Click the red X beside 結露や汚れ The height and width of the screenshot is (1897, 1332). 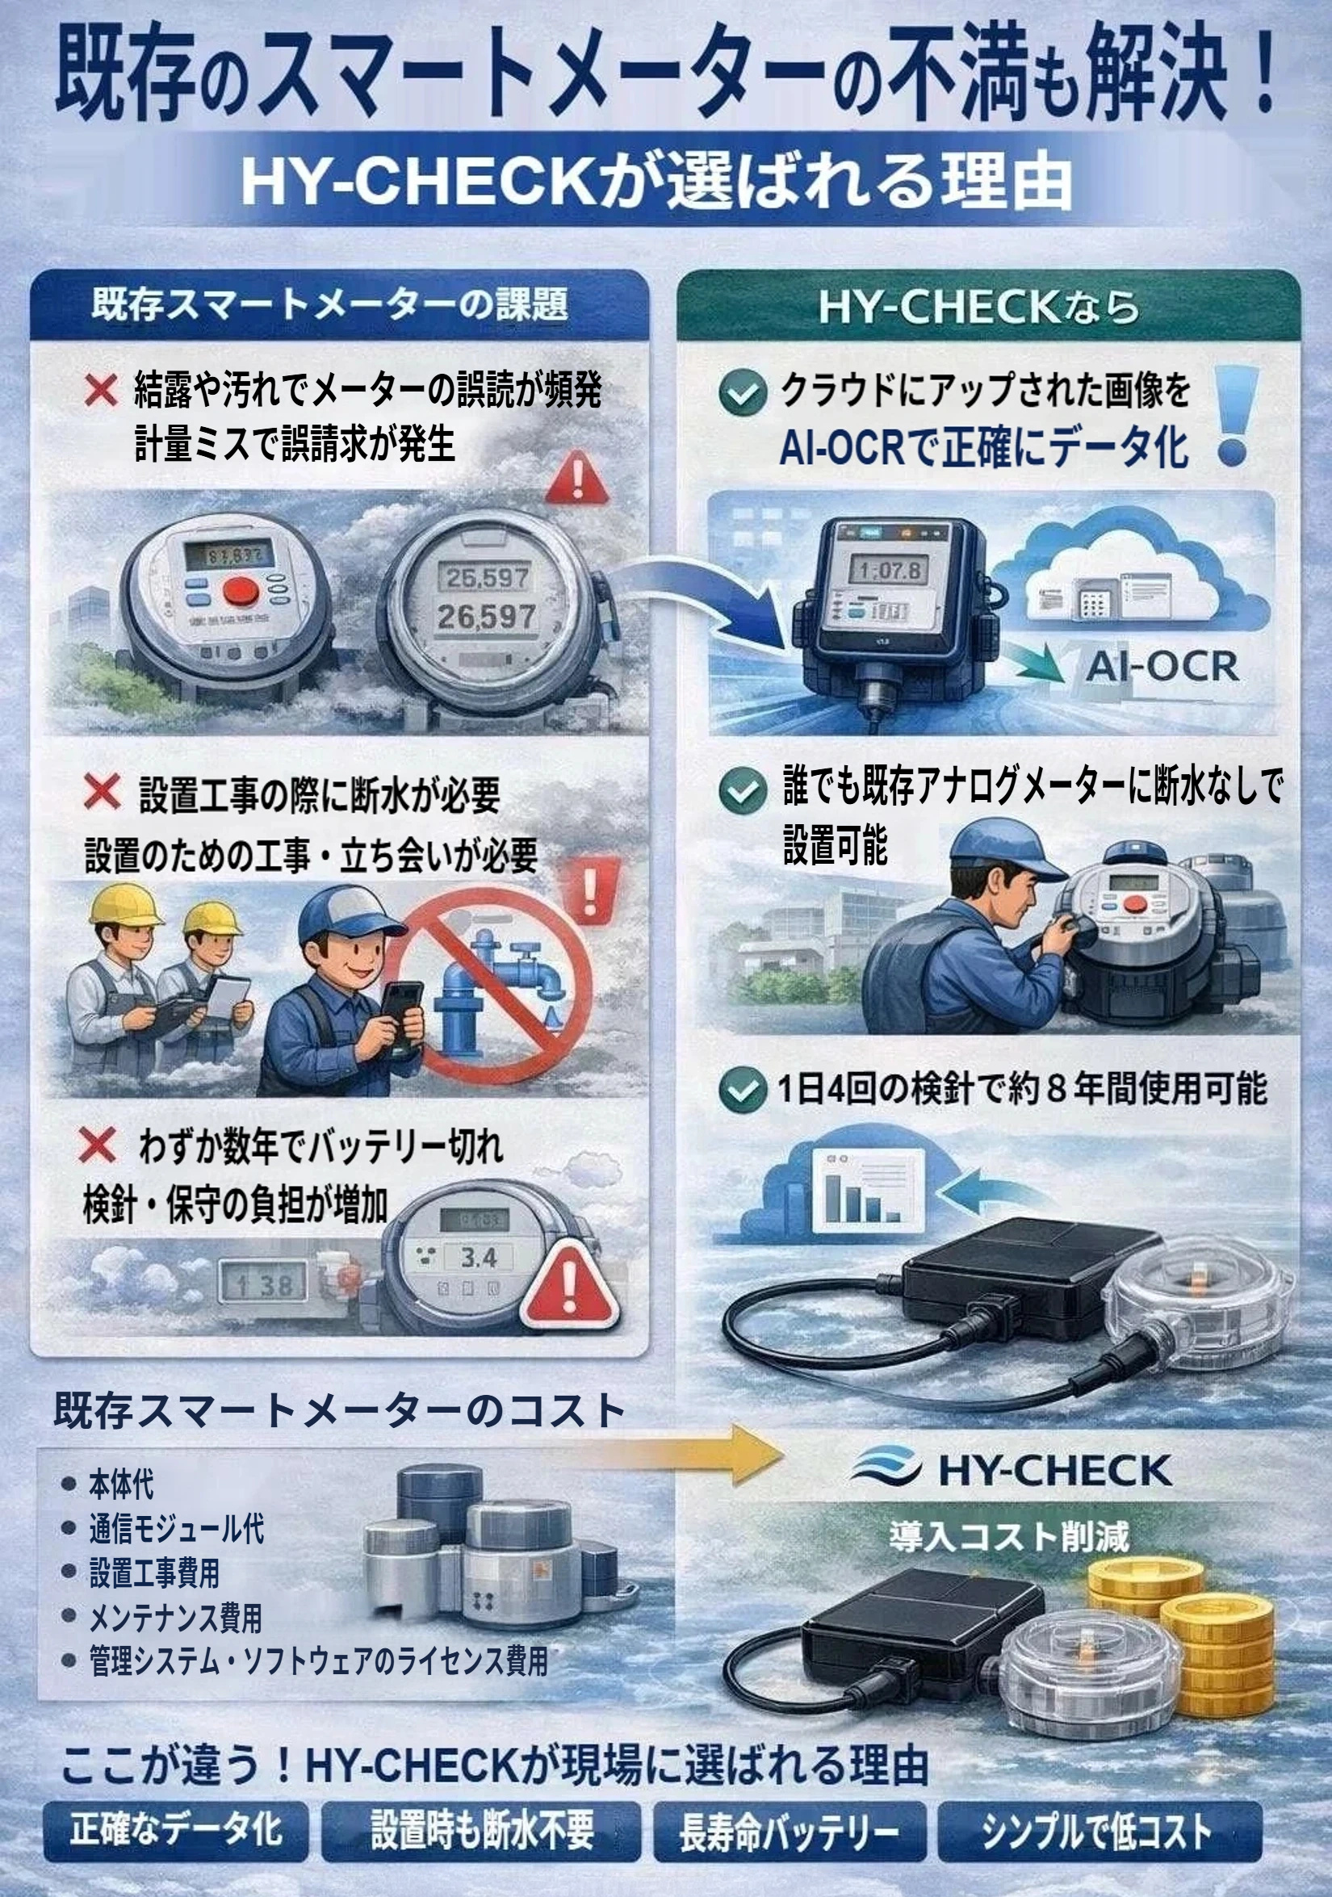tap(101, 390)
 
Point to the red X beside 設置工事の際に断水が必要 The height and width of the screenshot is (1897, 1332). tap(102, 792)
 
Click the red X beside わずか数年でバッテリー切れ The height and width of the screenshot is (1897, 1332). tap(96, 1146)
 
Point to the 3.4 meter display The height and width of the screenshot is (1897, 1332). tap(478, 1258)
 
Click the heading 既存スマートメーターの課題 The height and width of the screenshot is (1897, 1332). tap(329, 305)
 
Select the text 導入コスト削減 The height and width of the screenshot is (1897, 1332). tap(1010, 1537)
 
